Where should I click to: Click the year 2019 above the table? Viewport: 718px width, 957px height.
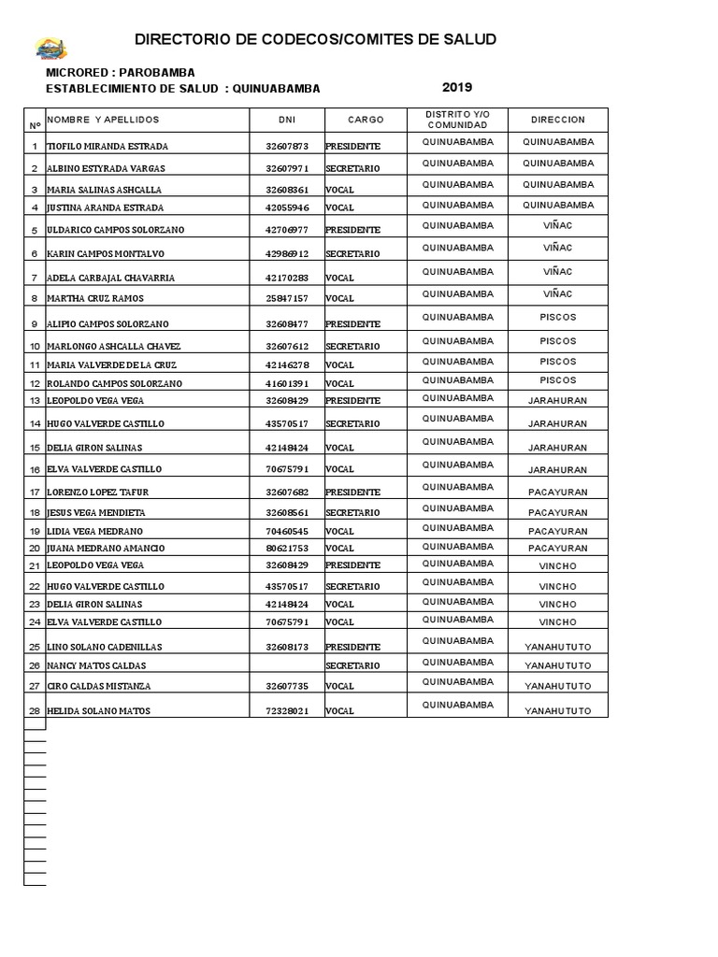pyautogui.click(x=457, y=87)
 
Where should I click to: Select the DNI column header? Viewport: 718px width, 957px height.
pyautogui.click(x=286, y=120)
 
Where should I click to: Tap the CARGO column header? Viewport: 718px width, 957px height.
pyautogui.click(x=366, y=120)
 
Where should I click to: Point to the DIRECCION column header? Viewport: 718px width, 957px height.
pyautogui.click(x=557, y=120)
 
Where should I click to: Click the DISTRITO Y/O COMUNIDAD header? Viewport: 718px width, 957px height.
pyautogui.click(x=457, y=120)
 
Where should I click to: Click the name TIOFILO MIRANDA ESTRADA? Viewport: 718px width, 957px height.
pyautogui.click(x=108, y=147)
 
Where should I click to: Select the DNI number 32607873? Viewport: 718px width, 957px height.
pyautogui.click(x=286, y=147)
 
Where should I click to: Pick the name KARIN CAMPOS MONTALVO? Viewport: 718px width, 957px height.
pyautogui.click(x=105, y=254)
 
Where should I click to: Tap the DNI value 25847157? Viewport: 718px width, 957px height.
pyautogui.click(x=286, y=299)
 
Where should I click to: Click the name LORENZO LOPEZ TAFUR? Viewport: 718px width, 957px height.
pyautogui.click(x=97, y=493)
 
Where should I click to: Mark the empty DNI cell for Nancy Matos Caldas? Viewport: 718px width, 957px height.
pyautogui.click(x=286, y=665)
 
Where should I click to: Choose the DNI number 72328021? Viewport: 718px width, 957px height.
pyautogui.click(x=286, y=711)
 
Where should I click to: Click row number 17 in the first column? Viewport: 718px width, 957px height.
pyautogui.click(x=35, y=493)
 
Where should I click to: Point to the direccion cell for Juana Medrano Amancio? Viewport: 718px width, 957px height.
pyautogui.click(x=557, y=548)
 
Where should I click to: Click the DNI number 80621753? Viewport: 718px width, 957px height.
pyautogui.click(x=286, y=548)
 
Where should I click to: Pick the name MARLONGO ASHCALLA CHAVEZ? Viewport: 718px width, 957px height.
pyautogui.click(x=113, y=347)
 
